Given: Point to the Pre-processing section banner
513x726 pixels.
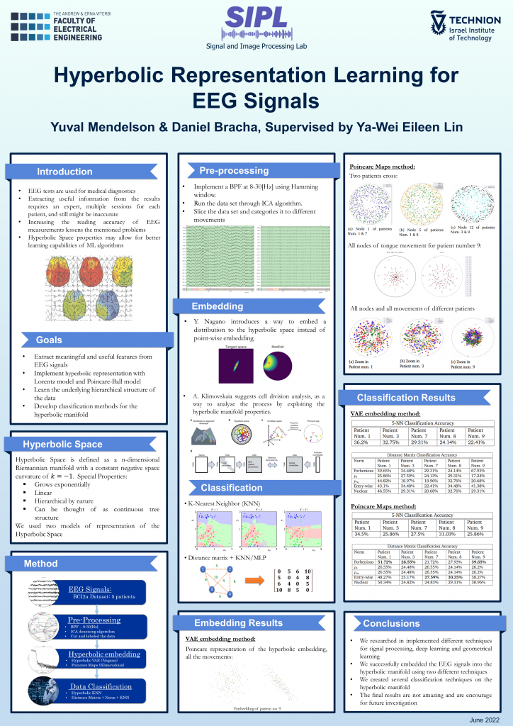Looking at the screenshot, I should point(233,170).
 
